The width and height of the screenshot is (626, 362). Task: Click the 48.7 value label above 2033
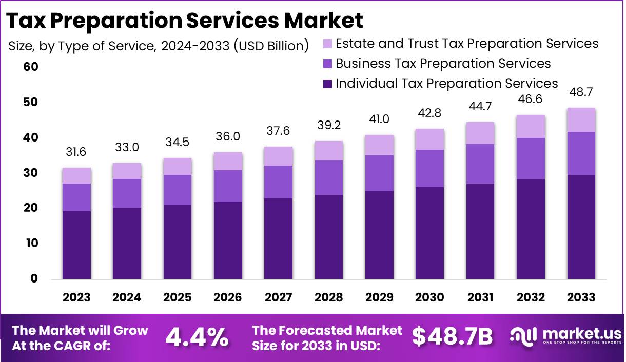click(581, 92)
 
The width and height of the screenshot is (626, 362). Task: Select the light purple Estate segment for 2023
click(76, 175)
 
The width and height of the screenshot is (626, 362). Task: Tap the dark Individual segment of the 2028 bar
click(329, 237)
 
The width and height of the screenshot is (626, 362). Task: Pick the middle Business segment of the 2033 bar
click(581, 153)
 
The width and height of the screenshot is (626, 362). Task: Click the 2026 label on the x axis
click(228, 297)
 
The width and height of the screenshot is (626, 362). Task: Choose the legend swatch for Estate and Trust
click(328, 44)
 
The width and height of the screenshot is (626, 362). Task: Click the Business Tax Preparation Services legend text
click(443, 64)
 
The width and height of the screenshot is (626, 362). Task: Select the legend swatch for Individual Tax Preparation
click(328, 84)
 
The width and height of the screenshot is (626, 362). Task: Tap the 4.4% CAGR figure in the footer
click(197, 337)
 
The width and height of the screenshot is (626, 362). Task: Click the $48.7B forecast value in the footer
click(452, 337)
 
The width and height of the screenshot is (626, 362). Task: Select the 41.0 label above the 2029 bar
click(379, 119)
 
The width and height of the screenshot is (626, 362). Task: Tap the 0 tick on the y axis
click(34, 279)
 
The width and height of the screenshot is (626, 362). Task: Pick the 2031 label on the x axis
click(480, 297)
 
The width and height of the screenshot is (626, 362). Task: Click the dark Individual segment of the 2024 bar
click(127, 244)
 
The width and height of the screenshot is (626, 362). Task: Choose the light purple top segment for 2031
click(480, 133)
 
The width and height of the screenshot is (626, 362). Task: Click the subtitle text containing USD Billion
click(159, 46)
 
